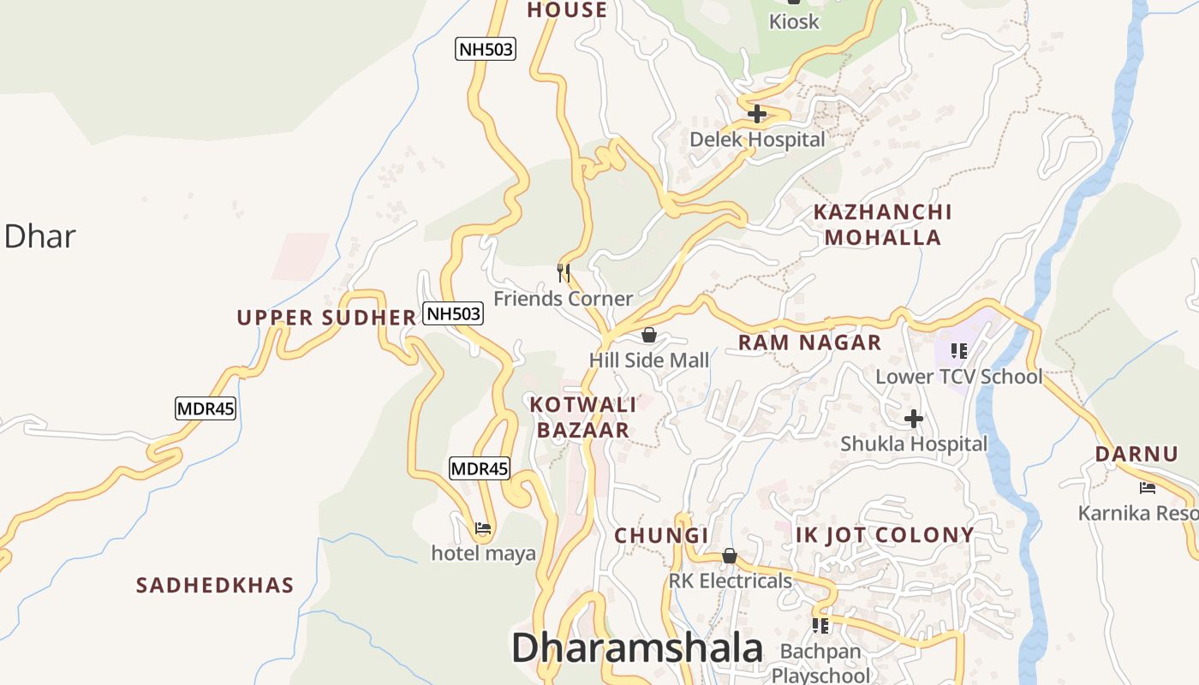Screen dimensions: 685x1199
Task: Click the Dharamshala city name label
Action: click(637, 649)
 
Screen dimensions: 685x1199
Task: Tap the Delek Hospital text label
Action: click(757, 140)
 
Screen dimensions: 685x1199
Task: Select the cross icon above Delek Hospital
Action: click(757, 113)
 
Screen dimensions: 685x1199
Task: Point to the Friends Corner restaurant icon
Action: click(564, 273)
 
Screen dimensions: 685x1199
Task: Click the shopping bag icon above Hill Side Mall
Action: click(649, 335)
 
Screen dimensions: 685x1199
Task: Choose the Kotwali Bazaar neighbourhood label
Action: click(583, 417)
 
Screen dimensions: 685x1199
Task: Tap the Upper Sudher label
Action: click(326, 318)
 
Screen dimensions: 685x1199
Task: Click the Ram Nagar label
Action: click(809, 342)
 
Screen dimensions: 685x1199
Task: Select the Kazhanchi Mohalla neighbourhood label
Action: click(882, 224)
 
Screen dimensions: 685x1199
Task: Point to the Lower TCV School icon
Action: click(958, 351)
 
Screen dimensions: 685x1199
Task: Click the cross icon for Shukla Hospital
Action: click(914, 419)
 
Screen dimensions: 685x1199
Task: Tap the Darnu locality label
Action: click(1136, 454)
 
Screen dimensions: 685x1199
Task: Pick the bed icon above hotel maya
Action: click(483, 528)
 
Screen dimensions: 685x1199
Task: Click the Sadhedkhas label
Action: click(215, 586)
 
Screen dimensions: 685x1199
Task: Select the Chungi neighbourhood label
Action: click(661, 536)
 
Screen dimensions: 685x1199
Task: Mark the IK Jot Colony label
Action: click(885, 535)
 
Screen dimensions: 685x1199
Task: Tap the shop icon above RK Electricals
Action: click(730, 557)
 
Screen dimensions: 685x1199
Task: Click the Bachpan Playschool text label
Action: click(820, 663)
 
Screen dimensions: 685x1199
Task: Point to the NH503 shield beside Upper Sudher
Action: click(454, 313)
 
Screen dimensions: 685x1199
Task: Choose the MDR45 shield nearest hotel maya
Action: click(480, 468)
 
